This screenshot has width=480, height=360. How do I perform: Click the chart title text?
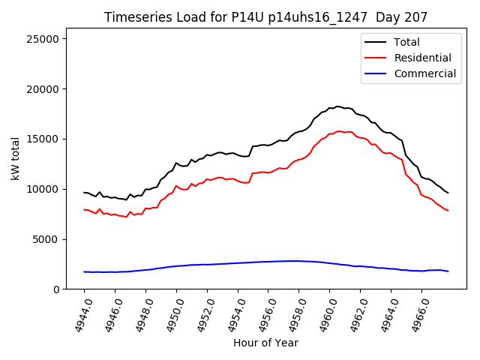click(259, 16)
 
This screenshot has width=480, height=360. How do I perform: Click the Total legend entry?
click(407, 42)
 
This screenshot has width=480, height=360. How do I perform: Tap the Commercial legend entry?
click(424, 73)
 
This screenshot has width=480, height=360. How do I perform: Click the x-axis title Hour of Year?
click(265, 343)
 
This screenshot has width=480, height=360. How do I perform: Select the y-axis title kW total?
click(15, 159)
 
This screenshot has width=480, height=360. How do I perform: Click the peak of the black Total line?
click(338, 106)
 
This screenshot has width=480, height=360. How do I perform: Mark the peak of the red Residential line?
click(339, 131)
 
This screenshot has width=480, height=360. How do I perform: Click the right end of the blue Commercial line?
click(448, 271)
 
